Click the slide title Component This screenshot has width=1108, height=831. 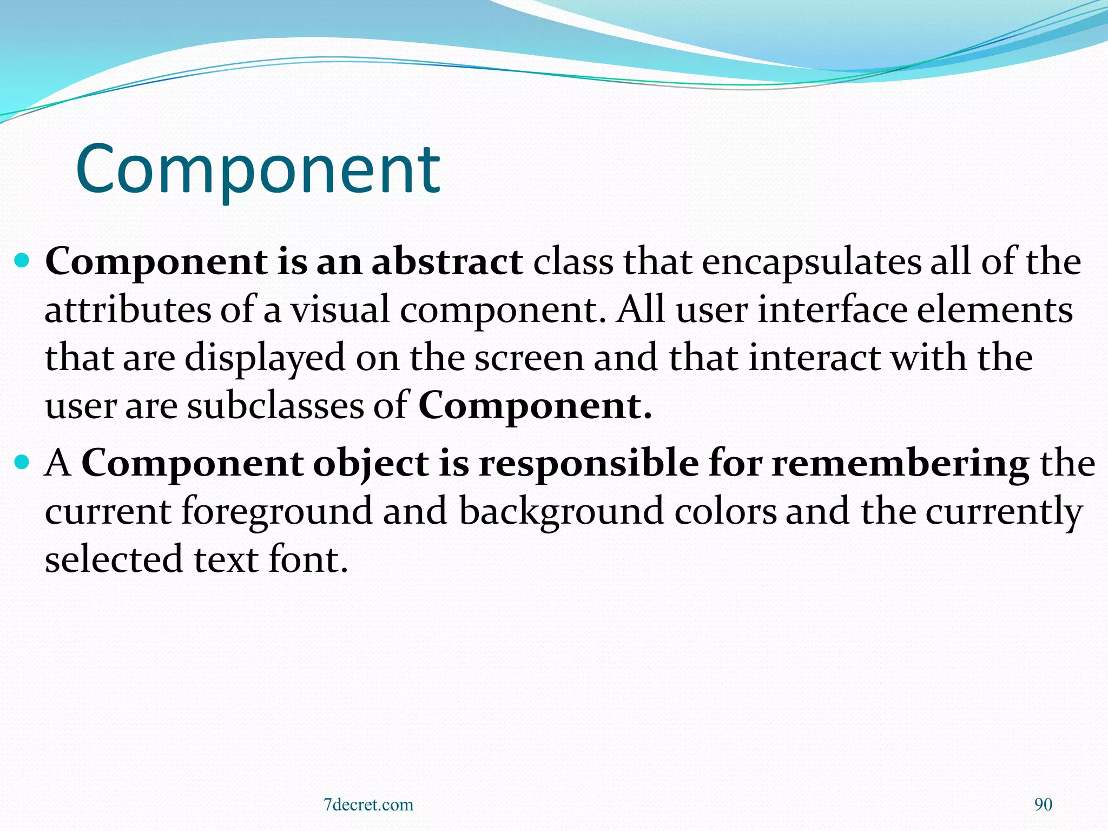(258, 169)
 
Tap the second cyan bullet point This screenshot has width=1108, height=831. (22, 464)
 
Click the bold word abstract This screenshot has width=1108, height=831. (447, 262)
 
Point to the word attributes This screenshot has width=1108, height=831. (127, 310)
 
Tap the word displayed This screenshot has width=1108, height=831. (265, 359)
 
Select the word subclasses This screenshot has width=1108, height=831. (275, 406)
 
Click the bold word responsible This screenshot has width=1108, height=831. (589, 464)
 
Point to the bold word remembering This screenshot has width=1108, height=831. (900, 464)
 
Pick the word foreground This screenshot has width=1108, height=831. (276, 512)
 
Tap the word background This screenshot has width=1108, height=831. (561, 512)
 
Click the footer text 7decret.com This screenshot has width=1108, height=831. (368, 804)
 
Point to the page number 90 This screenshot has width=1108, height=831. (1043, 804)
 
